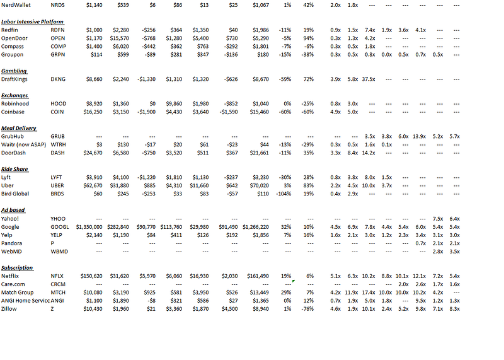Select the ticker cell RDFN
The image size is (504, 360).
(x=57, y=30)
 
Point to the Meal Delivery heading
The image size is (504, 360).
(x=19, y=128)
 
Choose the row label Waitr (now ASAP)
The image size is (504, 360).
(x=25, y=145)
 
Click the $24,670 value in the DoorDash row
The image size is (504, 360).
(x=89, y=153)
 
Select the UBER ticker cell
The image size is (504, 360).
(x=58, y=186)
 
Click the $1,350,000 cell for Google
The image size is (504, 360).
(x=88, y=227)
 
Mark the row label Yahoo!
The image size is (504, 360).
(x=10, y=219)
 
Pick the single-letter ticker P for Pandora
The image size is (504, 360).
(x=52, y=243)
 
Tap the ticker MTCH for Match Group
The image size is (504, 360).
(x=58, y=293)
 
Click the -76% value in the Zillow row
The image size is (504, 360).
(x=307, y=309)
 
